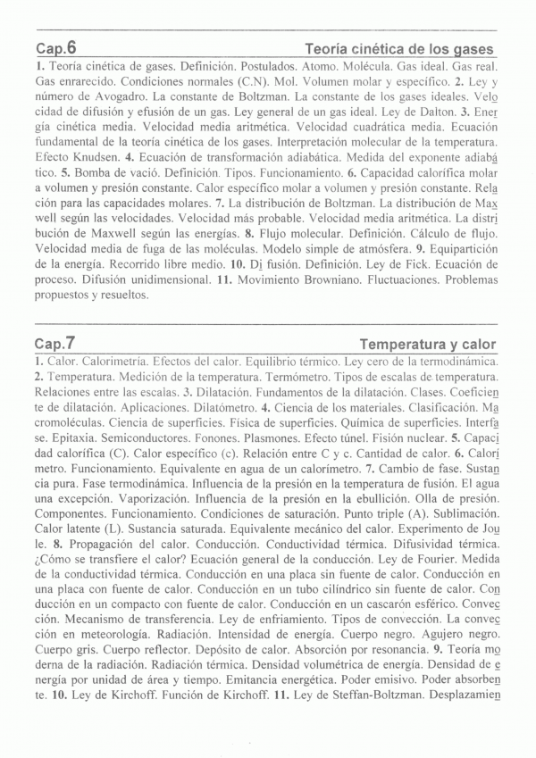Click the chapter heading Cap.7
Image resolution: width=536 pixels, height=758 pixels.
55,343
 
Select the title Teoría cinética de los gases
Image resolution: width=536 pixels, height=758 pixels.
399,49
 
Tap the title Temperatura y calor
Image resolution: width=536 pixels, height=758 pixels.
427,344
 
